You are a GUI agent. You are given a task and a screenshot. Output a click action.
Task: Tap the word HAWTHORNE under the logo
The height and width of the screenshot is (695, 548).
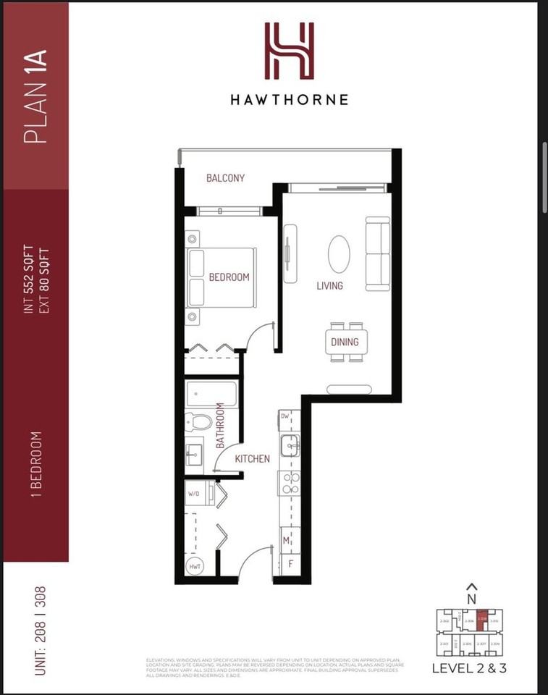coord(289,100)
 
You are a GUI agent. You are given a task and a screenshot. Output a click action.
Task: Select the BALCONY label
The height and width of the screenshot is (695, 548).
coord(225,178)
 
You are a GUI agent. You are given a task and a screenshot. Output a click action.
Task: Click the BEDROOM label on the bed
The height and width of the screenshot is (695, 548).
coord(229,277)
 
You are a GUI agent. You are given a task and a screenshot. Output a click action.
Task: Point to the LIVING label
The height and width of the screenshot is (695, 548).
coord(329,286)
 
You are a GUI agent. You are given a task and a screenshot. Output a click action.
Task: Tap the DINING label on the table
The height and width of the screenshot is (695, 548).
coord(345,342)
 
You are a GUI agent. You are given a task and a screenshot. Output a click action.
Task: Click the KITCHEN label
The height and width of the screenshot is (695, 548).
coord(252,459)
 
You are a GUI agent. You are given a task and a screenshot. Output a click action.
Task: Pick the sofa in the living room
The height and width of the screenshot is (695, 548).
coord(377,254)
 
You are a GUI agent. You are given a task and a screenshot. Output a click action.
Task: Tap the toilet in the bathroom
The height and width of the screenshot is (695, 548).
coord(198,421)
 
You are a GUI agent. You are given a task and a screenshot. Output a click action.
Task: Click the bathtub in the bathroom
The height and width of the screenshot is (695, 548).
coord(211,395)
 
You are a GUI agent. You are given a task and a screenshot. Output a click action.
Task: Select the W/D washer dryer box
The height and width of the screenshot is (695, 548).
coord(195,494)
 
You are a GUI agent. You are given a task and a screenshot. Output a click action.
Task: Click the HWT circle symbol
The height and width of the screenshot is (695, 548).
coord(195,567)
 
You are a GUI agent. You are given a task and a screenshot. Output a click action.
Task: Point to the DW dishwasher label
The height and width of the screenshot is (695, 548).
coord(286,416)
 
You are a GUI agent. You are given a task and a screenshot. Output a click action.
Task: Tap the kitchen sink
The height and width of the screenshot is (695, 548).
coord(290,446)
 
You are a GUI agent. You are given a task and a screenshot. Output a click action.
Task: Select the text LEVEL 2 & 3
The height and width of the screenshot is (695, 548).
coord(468,668)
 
